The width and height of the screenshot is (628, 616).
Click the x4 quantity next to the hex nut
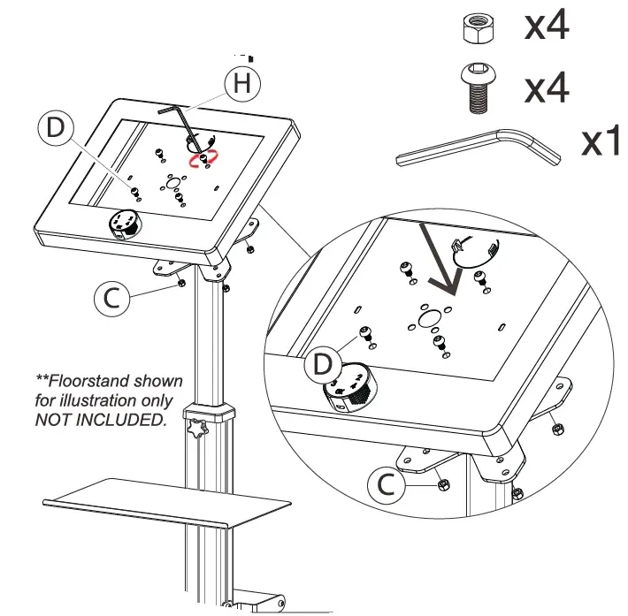tap(546, 27)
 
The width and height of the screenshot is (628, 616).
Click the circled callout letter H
tap(242, 83)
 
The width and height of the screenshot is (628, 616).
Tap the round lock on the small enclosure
tap(122, 224)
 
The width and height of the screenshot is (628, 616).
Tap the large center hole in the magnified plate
tap(429, 316)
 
